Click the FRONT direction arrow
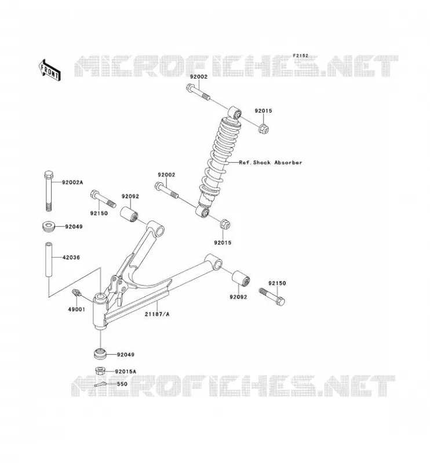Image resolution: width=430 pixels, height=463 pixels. [50, 70]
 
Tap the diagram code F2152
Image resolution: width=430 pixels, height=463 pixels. [300, 56]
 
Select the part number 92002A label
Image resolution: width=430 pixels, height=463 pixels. [72, 182]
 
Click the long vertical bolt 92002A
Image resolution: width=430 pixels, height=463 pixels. [49, 191]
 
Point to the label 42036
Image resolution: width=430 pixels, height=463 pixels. [71, 257]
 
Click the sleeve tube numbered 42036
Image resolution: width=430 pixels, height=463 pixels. [49, 259]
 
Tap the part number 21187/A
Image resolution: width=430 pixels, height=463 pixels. [157, 314]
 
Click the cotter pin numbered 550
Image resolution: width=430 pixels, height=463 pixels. [101, 384]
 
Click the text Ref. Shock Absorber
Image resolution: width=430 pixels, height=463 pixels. [271, 163]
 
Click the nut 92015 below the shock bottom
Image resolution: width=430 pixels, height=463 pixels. [225, 224]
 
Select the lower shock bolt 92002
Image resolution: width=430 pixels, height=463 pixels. [166, 190]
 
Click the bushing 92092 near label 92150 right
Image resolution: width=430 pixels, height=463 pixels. [240, 278]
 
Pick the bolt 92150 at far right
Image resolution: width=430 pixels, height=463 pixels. [272, 296]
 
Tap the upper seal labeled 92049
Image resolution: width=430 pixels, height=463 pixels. [49, 226]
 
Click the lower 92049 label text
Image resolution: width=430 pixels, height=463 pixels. [126, 354]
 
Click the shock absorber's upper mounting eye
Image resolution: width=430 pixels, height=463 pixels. [235, 112]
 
